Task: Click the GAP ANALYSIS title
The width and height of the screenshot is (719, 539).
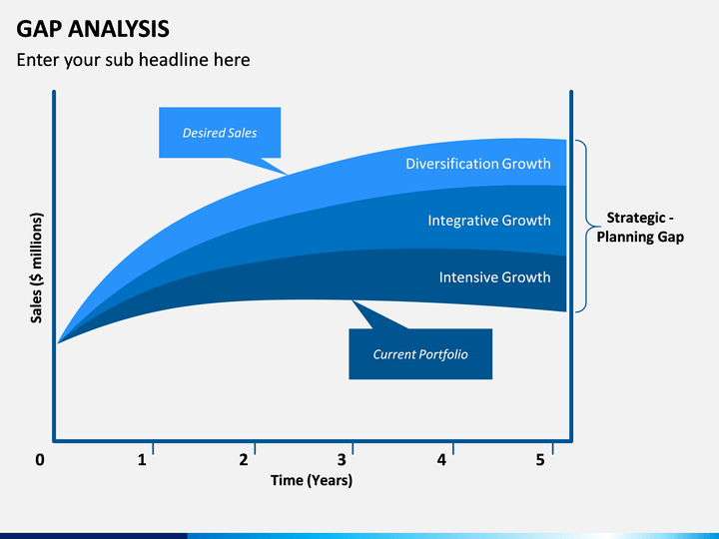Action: coord(93,29)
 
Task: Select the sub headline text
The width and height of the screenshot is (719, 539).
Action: coord(133,60)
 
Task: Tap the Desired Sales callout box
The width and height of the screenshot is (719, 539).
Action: coord(220,133)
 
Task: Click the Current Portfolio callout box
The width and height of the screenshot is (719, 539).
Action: coord(420,353)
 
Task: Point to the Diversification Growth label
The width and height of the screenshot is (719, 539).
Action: coord(477,164)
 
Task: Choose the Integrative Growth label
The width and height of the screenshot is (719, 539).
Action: coord(488,221)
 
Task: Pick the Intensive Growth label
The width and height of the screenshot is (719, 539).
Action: coord(494,277)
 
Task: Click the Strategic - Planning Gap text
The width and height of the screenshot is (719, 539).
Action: coord(640,227)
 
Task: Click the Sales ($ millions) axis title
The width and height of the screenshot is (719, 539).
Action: coord(36,268)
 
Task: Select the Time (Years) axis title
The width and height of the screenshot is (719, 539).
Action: coord(312,480)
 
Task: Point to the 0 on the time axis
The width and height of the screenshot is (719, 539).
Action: coord(40,460)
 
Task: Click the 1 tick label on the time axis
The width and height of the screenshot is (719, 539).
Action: coord(142,460)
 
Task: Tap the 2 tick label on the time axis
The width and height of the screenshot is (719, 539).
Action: coord(244,460)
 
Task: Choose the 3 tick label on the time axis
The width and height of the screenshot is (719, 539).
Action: coord(342,460)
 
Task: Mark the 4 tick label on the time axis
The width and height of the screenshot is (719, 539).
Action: coord(441,460)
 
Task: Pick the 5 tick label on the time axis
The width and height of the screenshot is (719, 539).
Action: coord(540,460)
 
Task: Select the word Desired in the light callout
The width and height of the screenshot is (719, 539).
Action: coord(201,133)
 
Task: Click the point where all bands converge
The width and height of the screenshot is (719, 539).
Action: coord(57,342)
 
